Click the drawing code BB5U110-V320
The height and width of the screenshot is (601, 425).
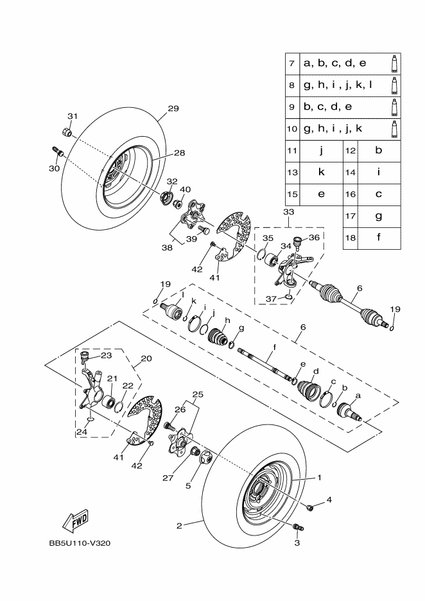point(80,543)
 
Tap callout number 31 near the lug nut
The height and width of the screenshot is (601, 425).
point(73,116)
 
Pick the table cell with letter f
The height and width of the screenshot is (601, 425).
point(379,238)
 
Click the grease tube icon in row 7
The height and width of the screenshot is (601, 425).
point(393,64)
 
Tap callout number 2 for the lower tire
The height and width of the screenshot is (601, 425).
point(180,525)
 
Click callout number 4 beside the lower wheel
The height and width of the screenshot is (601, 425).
point(329,500)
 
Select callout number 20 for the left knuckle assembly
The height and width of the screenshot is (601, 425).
point(146,359)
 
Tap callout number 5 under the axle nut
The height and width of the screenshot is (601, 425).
point(189,486)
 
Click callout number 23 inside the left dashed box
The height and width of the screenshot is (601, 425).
point(106,354)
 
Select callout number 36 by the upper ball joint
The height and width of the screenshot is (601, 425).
point(314,237)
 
